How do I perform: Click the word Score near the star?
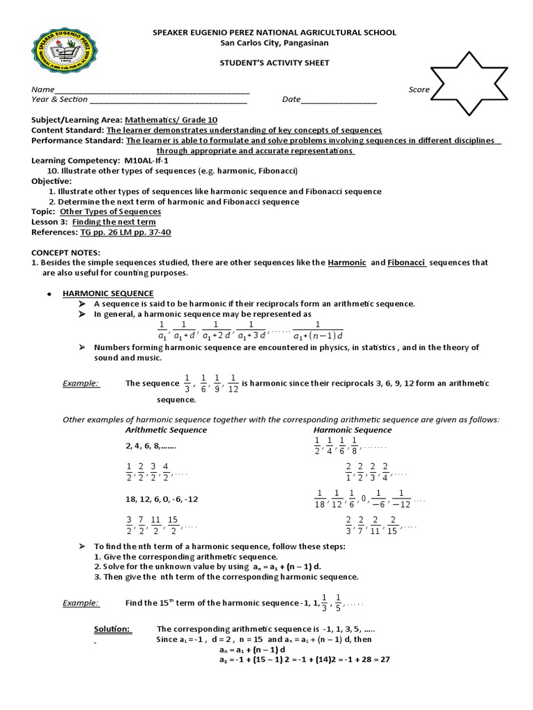pyautogui.click(x=418, y=89)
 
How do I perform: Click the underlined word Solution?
pyautogui.click(x=112, y=629)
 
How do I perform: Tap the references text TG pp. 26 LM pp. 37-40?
pyautogui.click(x=126, y=232)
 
